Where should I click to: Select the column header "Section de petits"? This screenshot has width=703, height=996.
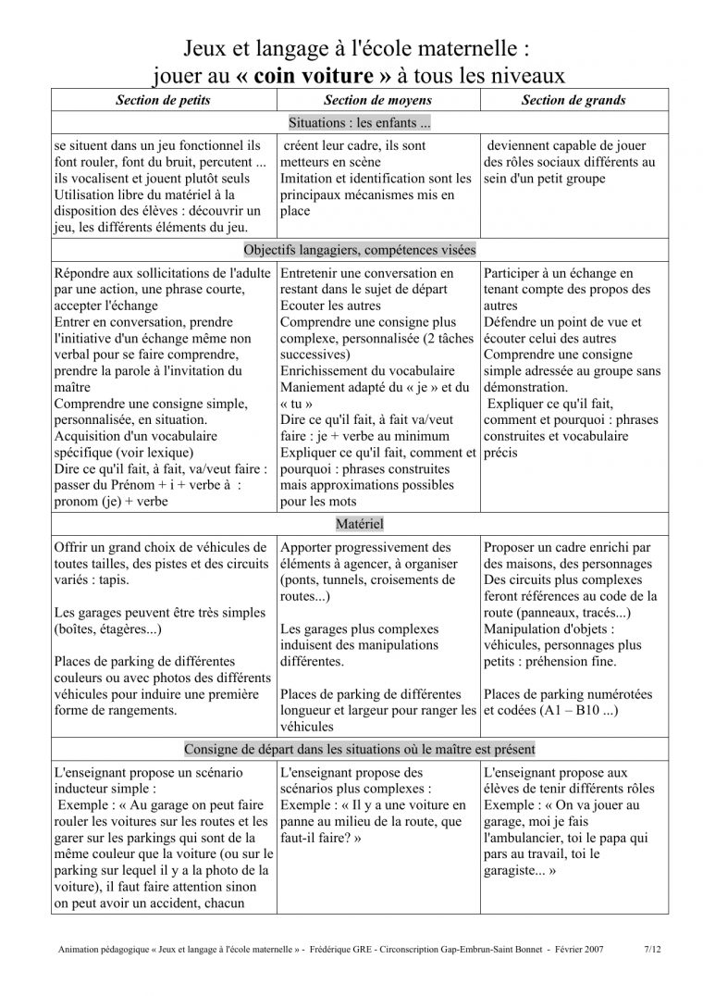(x=163, y=100)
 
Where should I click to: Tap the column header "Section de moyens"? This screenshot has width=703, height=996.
(x=377, y=100)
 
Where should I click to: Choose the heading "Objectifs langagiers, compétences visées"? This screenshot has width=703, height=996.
(x=360, y=250)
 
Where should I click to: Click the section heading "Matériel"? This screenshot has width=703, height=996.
(x=360, y=524)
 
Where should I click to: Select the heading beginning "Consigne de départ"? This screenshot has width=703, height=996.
(x=360, y=748)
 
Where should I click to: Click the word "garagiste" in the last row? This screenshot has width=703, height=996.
(x=514, y=871)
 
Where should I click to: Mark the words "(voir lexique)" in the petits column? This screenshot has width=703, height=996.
(x=151, y=453)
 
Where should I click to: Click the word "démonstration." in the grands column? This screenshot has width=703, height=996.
(x=527, y=387)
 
